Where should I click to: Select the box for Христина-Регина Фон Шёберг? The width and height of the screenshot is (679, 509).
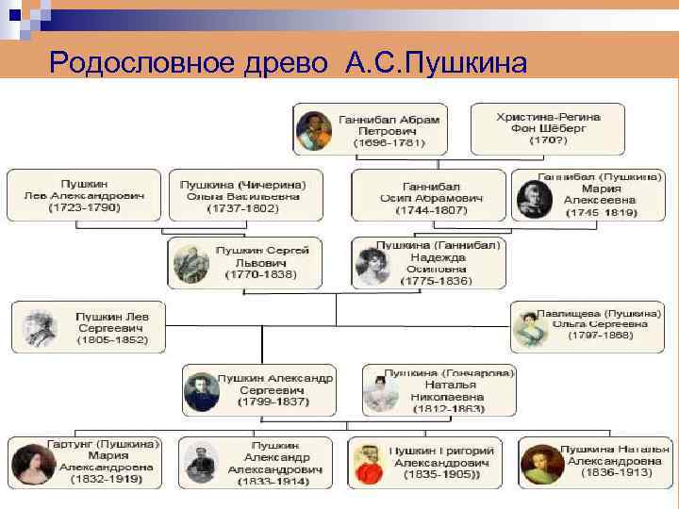[548, 128]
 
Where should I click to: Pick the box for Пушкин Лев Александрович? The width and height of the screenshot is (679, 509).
[82, 194]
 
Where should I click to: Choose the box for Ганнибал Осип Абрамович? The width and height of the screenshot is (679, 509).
[429, 195]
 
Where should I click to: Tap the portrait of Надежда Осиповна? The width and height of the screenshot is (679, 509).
[371, 263]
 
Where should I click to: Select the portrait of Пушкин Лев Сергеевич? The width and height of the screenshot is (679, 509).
[41, 326]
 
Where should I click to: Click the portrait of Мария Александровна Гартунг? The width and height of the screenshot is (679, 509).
[30, 462]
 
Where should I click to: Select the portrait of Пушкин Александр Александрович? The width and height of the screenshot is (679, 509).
[202, 463]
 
